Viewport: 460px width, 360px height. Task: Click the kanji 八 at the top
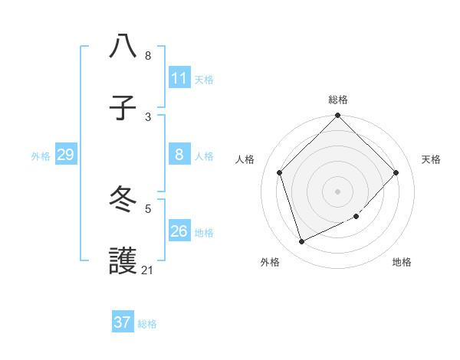(123, 46)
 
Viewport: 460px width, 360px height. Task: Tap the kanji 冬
(123, 200)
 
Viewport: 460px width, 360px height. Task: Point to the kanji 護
(123, 262)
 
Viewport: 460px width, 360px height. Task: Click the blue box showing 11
(179, 78)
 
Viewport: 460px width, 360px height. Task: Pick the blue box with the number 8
(179, 155)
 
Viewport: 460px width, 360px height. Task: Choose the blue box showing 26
(179, 231)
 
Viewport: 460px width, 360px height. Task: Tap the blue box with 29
(65, 155)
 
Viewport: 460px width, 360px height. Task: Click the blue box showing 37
(123, 322)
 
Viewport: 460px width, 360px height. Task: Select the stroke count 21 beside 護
(147, 270)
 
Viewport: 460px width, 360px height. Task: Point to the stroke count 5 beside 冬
(148, 208)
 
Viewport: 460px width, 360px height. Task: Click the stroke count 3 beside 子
(148, 116)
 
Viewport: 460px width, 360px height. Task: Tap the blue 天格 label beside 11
(204, 79)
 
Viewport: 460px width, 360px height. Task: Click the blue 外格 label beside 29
(41, 156)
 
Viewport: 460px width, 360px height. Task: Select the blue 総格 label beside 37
(147, 323)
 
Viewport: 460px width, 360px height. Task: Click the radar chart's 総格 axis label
(338, 100)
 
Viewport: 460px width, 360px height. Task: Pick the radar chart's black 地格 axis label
(402, 262)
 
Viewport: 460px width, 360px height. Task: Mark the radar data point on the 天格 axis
(396, 172)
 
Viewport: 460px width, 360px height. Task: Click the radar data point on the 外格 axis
(302, 241)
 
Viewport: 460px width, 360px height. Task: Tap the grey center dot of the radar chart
(338, 191)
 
